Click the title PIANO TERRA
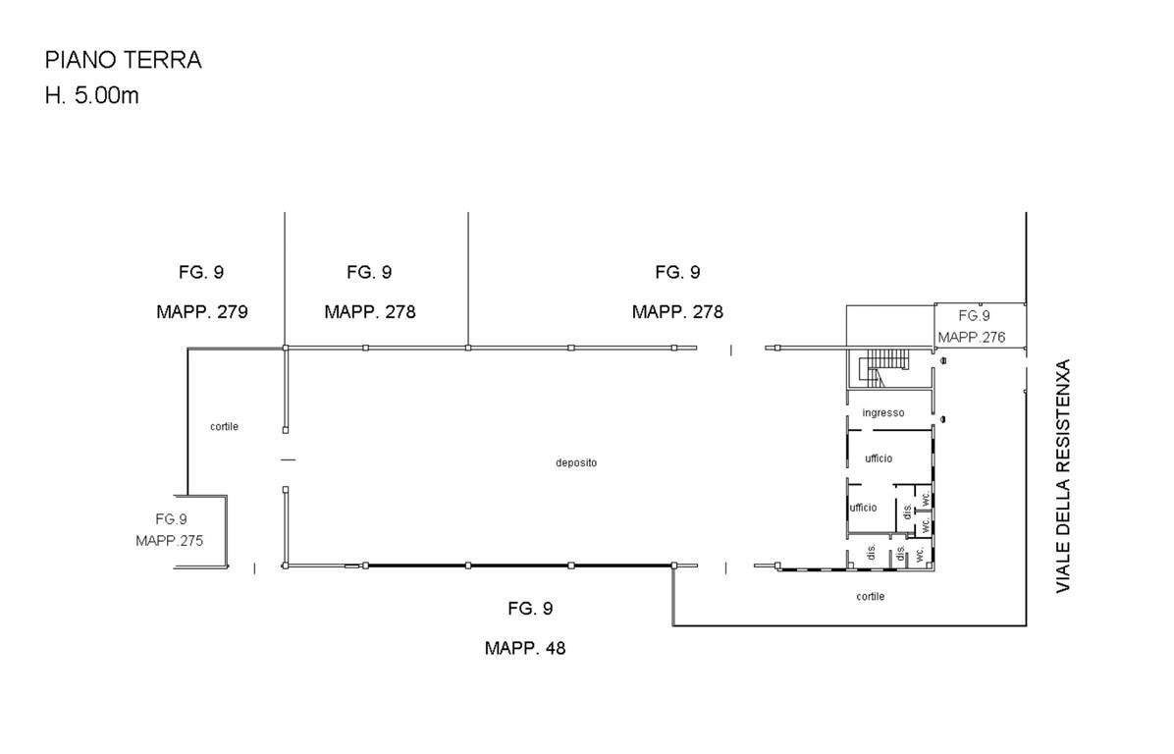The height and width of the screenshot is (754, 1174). [x=124, y=60]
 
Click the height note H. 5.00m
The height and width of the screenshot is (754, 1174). [x=92, y=96]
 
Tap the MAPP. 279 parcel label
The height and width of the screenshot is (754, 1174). [x=202, y=311]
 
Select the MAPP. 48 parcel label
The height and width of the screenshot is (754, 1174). [x=525, y=648]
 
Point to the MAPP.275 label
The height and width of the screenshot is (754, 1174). [x=169, y=541]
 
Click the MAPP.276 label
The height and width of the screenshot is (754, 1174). [x=972, y=338]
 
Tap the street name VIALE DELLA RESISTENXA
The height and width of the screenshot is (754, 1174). [x=1064, y=476]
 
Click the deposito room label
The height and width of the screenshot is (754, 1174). [x=576, y=463]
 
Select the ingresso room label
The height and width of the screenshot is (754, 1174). [x=883, y=413]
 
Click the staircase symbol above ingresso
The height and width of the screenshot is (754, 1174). [x=882, y=368]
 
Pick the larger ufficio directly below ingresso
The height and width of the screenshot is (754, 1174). [x=879, y=458]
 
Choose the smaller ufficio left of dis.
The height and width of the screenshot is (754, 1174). [x=863, y=508]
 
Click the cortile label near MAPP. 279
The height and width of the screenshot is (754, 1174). [x=224, y=427]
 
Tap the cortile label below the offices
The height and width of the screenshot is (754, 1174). [x=870, y=597]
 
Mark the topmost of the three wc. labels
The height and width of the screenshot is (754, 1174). [x=926, y=497]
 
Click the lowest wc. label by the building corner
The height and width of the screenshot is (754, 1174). [x=920, y=554]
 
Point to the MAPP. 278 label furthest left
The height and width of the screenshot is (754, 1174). [x=370, y=311]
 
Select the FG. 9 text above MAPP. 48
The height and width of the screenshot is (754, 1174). [x=530, y=609]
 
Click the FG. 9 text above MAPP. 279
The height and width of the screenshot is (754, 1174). [x=201, y=273]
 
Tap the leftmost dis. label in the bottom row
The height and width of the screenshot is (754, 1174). [x=871, y=553]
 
